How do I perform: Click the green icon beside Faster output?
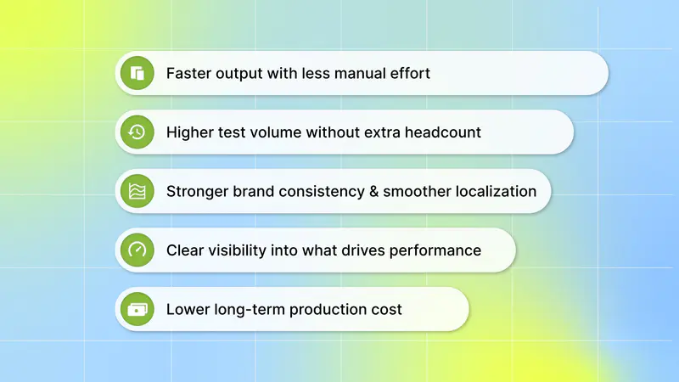coord(137,73)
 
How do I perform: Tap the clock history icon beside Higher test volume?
coord(137,132)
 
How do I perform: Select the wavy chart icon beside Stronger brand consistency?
coord(137,191)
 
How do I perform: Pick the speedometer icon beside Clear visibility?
coord(137,250)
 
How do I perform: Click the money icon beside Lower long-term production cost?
coord(137,309)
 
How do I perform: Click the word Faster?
coord(188,73)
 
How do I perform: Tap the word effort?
coord(410,73)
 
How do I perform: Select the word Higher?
coord(189,132)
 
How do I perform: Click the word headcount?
coord(443,132)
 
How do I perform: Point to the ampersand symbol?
coord(373,192)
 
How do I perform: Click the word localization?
coord(460,191)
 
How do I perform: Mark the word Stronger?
coord(197,192)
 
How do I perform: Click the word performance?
coord(435,250)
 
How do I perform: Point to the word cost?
coord(387,310)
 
